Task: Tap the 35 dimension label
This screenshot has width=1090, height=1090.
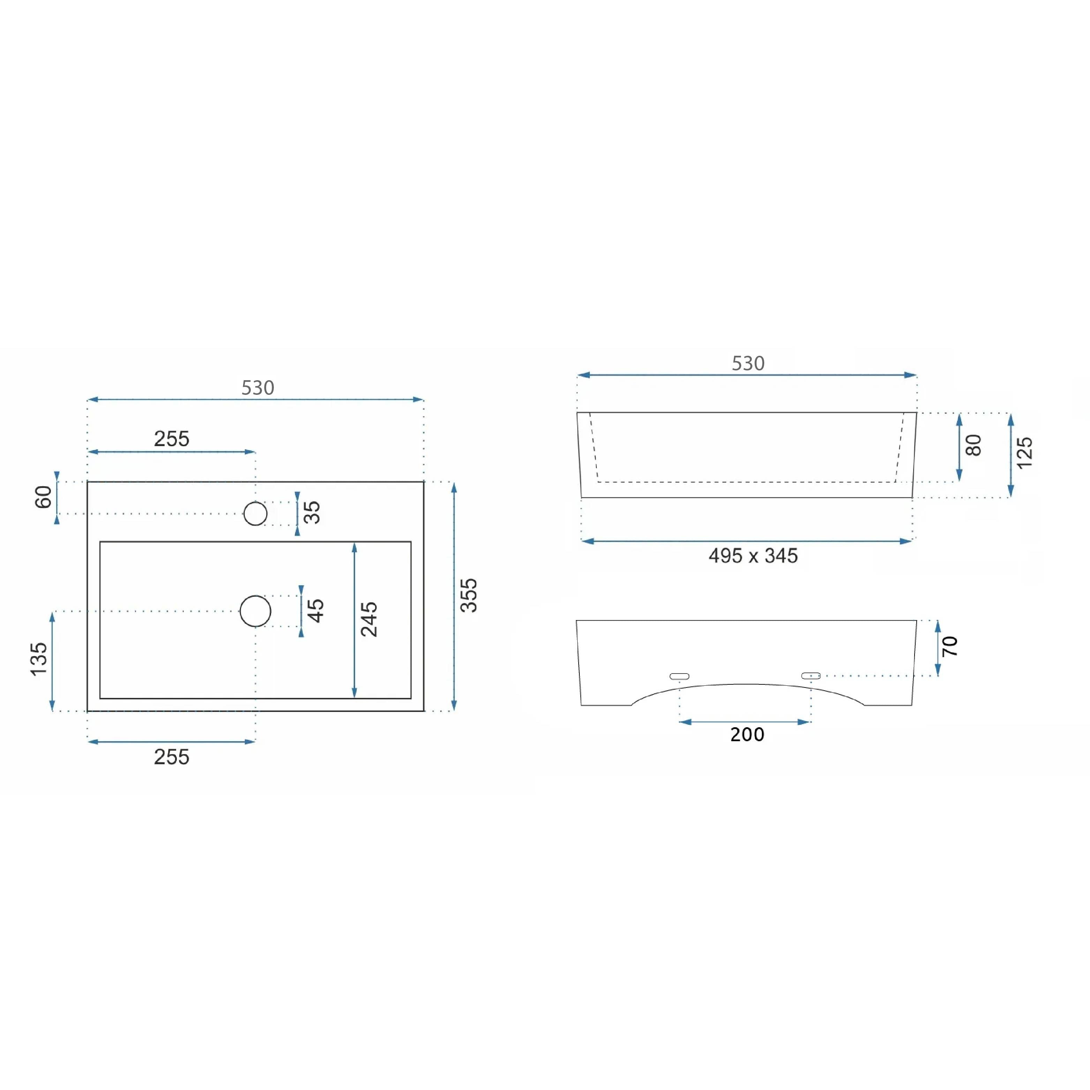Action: [x=312, y=512]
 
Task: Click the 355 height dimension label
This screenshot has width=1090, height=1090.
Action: [x=469, y=595]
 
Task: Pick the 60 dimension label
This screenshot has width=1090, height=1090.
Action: [x=44, y=497]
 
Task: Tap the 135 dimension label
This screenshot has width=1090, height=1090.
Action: [x=39, y=659]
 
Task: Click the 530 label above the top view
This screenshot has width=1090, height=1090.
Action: [x=258, y=388]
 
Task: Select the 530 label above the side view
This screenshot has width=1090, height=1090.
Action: [x=748, y=363]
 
